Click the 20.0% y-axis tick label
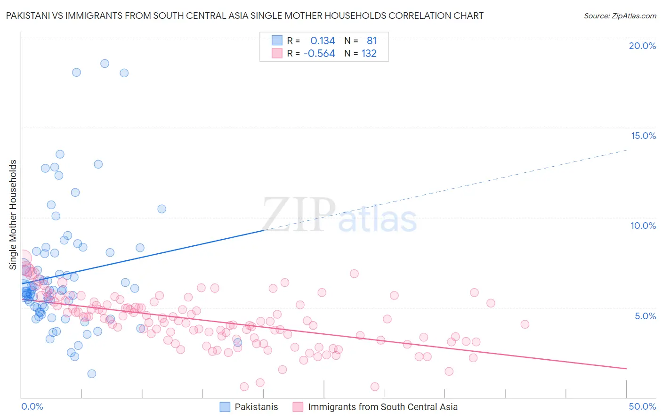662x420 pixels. point(642,46)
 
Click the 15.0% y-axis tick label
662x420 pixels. point(643,136)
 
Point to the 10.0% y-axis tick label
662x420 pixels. point(643,226)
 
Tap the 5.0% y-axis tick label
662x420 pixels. point(645,316)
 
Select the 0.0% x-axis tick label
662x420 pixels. point(32,406)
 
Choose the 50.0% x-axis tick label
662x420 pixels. point(642,406)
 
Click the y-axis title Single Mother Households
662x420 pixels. point(13,215)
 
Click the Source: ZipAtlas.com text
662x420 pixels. point(620,16)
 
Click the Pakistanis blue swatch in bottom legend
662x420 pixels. point(225,407)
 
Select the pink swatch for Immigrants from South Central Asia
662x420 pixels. point(298,407)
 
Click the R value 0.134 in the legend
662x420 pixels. point(323,41)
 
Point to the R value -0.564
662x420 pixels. point(319,54)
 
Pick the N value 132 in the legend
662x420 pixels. point(369,54)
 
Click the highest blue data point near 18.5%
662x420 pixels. point(105,64)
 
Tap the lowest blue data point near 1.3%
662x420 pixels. point(92,374)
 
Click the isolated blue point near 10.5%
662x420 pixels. point(161,209)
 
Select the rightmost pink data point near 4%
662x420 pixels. point(525,324)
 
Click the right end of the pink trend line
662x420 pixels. point(626,368)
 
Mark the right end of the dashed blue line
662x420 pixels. point(626,150)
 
